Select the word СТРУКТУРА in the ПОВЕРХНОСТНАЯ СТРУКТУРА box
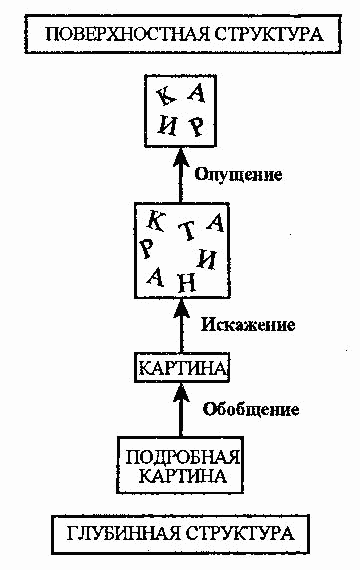point(268,34)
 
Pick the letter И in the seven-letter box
point(207,258)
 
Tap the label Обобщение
point(251,409)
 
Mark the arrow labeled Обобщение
point(182,410)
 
